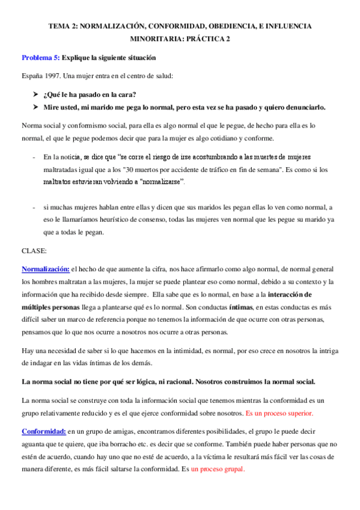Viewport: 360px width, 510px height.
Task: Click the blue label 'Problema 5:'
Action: pos(41,58)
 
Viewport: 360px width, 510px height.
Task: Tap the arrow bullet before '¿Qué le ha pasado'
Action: pos(37,94)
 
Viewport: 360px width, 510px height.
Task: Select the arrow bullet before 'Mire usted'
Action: pos(37,108)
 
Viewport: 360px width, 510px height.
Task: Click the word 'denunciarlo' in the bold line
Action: pos(322,108)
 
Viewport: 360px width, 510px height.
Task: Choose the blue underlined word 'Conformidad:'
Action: pos(43,432)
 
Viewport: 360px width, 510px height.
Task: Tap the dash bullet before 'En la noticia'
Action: pos(33,157)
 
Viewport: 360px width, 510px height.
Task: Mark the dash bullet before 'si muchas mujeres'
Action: pos(33,207)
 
